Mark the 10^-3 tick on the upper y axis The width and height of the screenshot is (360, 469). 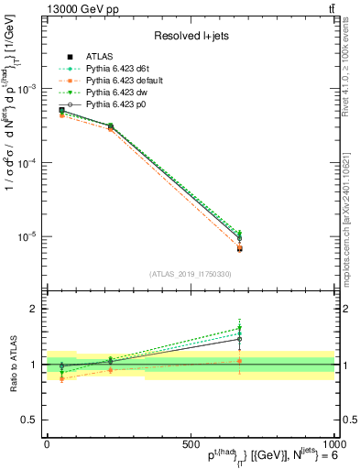pos(25,89)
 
